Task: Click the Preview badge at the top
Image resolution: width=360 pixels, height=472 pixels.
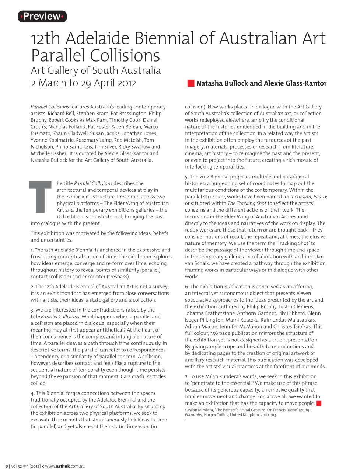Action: (x=42, y=16)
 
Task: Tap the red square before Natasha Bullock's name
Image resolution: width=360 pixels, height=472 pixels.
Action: (x=191, y=83)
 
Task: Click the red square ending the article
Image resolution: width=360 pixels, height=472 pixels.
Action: (x=319, y=403)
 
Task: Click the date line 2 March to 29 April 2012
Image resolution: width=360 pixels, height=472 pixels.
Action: (x=83, y=83)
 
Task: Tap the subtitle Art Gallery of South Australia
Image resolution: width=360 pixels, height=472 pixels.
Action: (x=95, y=70)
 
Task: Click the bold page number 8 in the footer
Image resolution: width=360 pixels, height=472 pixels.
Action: (x=6, y=466)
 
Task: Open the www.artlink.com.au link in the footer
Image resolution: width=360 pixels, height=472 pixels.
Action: (x=64, y=466)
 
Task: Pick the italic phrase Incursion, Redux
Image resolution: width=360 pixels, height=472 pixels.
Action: (x=308, y=197)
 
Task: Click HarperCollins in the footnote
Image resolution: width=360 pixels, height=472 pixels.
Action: (x=217, y=415)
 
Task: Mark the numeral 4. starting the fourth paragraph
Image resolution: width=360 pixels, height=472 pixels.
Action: (x=32, y=393)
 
